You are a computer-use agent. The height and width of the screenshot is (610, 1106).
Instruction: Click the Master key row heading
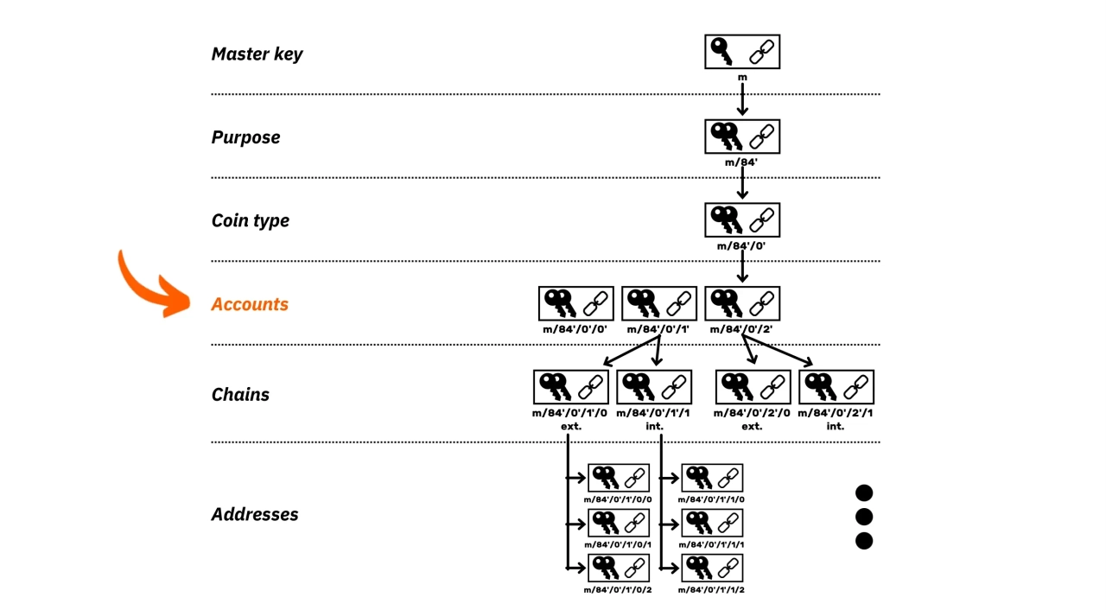point(257,54)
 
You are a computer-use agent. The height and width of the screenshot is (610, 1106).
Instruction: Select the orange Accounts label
point(250,304)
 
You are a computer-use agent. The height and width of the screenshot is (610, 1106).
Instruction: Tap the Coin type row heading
point(251,220)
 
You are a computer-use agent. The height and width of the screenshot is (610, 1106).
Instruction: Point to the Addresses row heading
point(255,514)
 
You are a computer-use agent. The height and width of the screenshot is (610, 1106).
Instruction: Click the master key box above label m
point(742,51)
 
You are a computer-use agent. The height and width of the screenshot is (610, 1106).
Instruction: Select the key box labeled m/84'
point(742,137)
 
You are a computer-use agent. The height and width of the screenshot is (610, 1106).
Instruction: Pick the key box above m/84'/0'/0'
point(575,303)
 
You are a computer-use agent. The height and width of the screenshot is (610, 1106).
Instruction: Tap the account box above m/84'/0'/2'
point(742,303)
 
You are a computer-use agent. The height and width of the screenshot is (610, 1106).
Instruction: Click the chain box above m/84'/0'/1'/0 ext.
point(571,387)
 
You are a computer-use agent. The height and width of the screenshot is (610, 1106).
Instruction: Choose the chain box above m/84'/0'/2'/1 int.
point(836,387)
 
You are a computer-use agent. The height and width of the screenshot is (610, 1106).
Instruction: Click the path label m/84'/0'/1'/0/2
point(618,590)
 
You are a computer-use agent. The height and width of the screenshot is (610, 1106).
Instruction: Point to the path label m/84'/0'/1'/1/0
point(711,499)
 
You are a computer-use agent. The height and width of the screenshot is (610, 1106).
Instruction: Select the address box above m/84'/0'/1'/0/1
point(618,523)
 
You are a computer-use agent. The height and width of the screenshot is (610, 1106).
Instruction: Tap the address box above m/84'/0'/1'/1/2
point(712,568)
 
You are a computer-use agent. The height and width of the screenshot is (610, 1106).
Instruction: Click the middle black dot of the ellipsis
point(864,517)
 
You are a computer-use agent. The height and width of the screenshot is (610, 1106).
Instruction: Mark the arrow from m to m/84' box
point(742,99)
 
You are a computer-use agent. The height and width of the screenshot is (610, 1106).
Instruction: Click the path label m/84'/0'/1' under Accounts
point(658,329)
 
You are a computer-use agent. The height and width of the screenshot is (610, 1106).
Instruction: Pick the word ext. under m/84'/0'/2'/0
point(752,426)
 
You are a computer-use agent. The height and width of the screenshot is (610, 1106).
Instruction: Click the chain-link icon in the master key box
point(761,52)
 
